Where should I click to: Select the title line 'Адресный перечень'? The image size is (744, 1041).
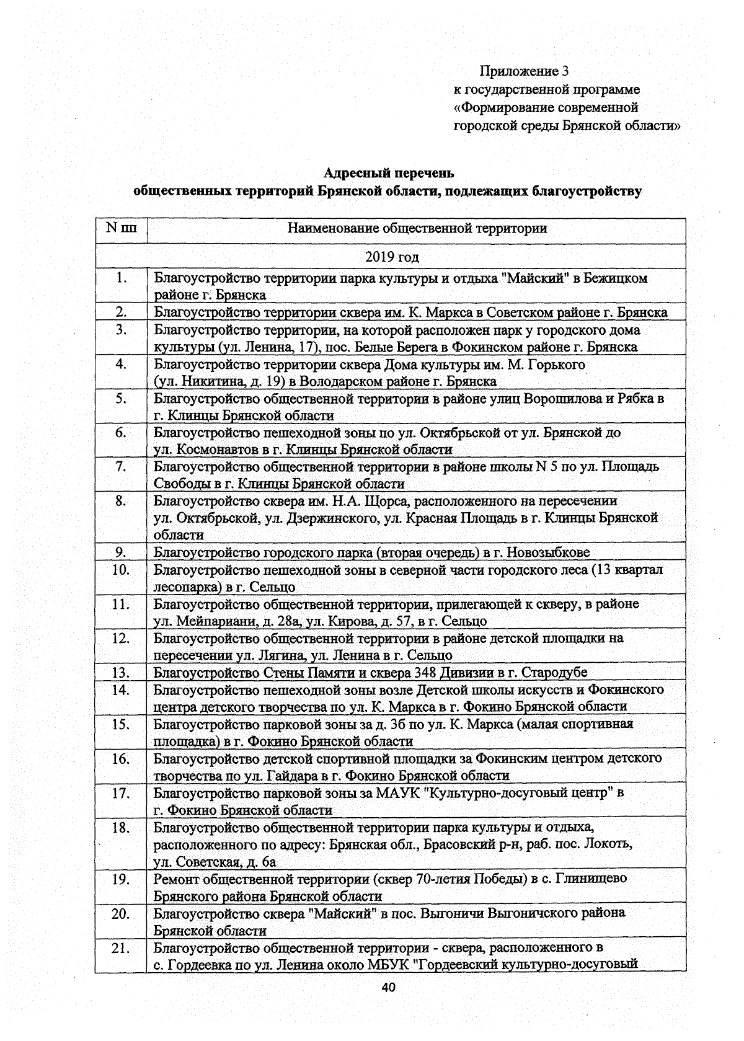tap(389, 173)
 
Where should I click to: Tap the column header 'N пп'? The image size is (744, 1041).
tap(122, 228)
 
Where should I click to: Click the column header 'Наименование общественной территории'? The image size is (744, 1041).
tap(417, 228)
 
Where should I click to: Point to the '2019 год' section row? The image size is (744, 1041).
tap(391, 257)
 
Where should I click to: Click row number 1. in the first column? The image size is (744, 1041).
tap(122, 278)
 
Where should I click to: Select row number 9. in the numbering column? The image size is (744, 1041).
tap(122, 552)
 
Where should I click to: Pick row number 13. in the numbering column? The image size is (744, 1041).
tap(121, 673)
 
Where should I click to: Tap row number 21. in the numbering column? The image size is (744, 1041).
tap(121, 947)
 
